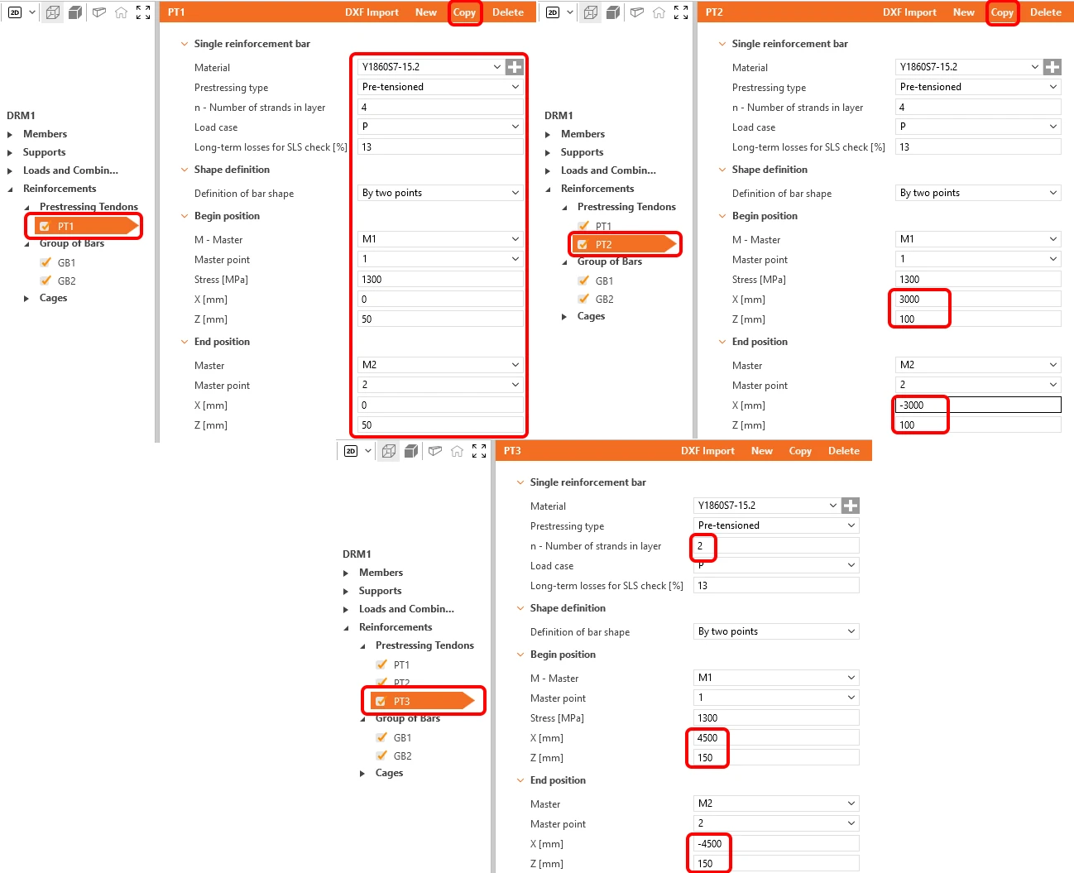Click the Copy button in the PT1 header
click(464, 12)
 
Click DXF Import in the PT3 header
click(707, 450)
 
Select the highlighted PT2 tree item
click(624, 244)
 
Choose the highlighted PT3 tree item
click(423, 701)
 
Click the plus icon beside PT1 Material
click(515, 66)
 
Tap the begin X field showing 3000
click(978, 299)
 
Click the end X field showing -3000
click(978, 405)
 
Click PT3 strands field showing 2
click(775, 545)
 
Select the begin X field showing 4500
click(775, 738)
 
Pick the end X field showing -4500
click(775, 844)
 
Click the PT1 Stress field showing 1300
click(440, 280)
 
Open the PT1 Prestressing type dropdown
click(440, 87)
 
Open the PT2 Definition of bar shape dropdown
click(978, 193)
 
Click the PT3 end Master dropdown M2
click(775, 803)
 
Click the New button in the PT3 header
click(761, 450)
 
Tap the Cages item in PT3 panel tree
click(389, 773)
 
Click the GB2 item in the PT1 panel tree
click(66, 281)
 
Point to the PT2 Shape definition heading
click(769, 170)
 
